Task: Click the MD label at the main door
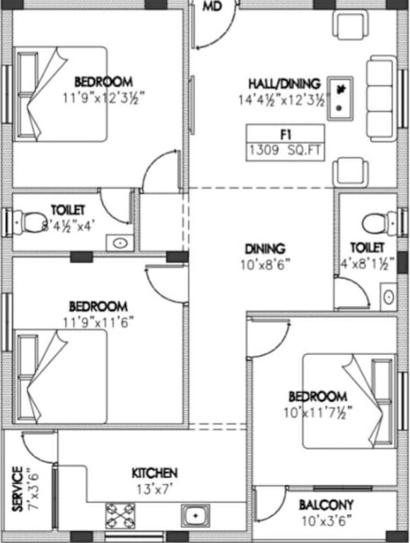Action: (211, 7)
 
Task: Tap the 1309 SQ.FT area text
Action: (285, 150)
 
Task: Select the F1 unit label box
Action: (285, 134)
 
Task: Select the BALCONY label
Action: (326, 505)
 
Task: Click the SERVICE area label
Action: (16, 489)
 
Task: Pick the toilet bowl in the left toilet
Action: (30, 222)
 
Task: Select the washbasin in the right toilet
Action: (388, 296)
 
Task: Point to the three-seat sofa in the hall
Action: (380, 100)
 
